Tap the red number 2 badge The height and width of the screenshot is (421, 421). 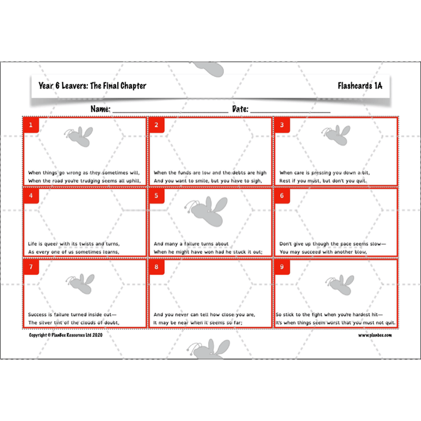pos(156,125)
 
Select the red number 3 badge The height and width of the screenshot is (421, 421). pos(282,125)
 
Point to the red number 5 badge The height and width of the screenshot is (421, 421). pos(156,196)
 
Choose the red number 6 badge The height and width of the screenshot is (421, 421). pos(282,196)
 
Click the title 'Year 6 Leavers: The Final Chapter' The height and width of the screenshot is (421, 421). pos(92,85)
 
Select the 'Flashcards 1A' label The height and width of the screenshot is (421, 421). pos(360,85)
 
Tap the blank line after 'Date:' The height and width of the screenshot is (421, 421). pos(290,111)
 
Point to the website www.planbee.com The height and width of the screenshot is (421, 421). pos(375,335)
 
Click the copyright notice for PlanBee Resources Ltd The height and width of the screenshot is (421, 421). pos(66,335)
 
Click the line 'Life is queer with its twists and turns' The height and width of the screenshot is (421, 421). pos(74,244)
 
